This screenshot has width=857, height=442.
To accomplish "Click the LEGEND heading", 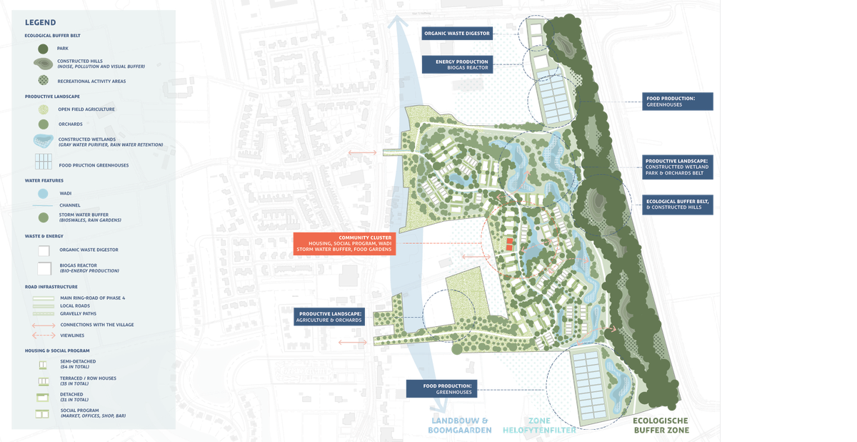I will pos(40,22).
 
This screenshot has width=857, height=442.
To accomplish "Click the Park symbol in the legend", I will pos(42,49).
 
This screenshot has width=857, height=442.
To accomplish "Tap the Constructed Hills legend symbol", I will pos(42,64).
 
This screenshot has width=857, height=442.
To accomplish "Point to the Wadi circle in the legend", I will pos(43,193).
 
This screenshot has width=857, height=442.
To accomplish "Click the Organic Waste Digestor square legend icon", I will pos(43,250).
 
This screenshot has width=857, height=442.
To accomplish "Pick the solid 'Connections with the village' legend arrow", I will pos(43,325).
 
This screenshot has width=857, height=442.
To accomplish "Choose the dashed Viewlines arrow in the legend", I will pos(43,335).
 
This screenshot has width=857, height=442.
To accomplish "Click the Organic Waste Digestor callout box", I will pos(456,34).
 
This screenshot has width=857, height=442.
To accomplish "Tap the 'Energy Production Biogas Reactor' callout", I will pos(463,65).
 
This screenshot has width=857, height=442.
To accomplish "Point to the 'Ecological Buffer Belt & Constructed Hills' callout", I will pos(678,205).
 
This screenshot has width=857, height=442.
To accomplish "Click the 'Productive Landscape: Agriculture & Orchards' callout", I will pos(329,317).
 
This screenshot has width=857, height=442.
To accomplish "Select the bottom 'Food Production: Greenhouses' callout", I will pos(441,389).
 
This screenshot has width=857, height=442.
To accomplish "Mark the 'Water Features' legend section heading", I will pos(47,181).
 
